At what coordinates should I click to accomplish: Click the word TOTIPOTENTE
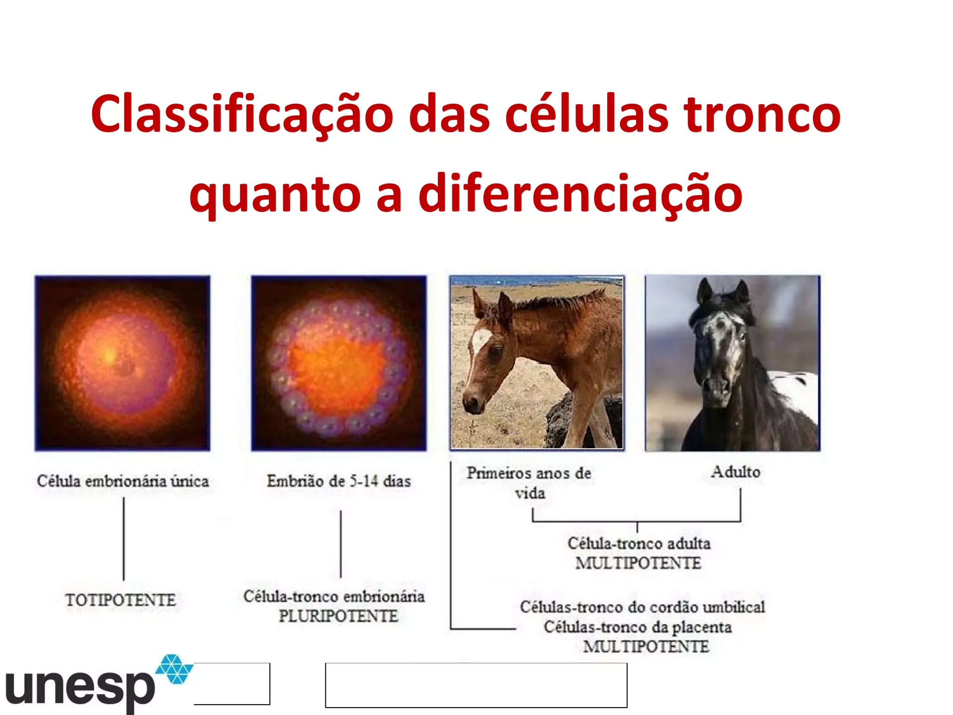(x=121, y=600)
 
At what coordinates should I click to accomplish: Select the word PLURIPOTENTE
(x=338, y=616)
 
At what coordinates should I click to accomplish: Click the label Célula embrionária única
(x=123, y=481)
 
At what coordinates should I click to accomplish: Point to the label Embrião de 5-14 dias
(x=339, y=481)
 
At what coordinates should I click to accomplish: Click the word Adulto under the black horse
(x=736, y=472)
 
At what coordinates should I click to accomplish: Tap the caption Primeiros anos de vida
(x=529, y=482)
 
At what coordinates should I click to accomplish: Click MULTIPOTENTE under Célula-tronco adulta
(x=638, y=563)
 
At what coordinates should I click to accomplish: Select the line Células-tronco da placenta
(x=638, y=627)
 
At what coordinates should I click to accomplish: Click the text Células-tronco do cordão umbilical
(x=642, y=607)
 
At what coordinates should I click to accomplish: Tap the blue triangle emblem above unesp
(x=174, y=669)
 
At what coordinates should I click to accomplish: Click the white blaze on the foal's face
(x=479, y=342)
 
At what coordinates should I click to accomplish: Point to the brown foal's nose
(x=471, y=403)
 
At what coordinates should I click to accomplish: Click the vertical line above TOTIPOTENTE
(x=124, y=539)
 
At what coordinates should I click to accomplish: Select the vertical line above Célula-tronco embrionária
(x=341, y=544)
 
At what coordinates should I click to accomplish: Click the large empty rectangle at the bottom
(x=476, y=685)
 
